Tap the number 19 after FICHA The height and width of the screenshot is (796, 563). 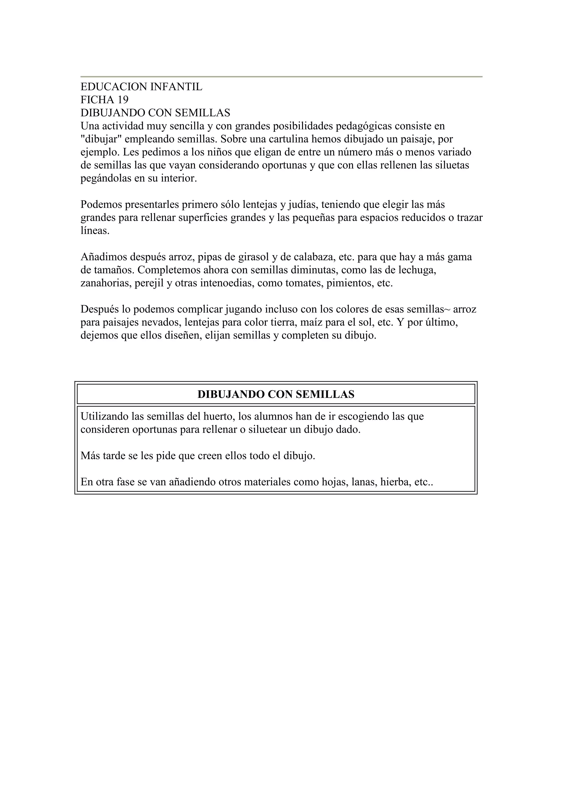pyautogui.click(x=123, y=100)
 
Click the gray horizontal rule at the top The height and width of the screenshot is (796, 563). pyautogui.click(x=281, y=77)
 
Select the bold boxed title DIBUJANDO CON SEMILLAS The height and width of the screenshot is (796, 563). pyautogui.click(x=276, y=394)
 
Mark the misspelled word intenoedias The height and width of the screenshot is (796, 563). pyautogui.click(x=227, y=283)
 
